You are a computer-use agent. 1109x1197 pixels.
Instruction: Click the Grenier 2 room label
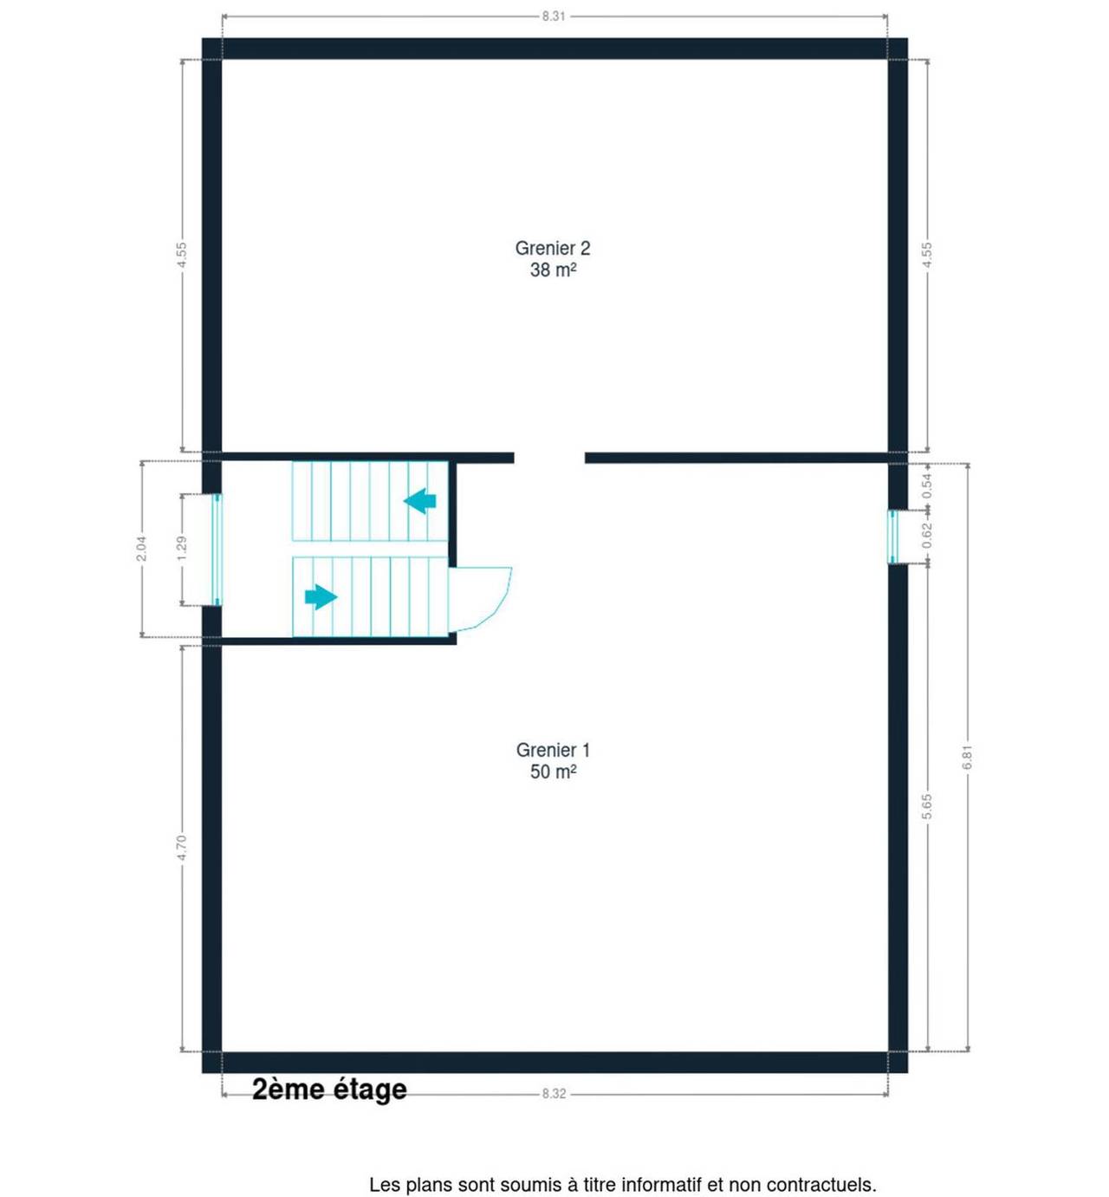(x=552, y=248)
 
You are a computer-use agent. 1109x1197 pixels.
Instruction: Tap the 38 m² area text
(x=553, y=270)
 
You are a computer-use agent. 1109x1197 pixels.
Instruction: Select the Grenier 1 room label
(x=553, y=750)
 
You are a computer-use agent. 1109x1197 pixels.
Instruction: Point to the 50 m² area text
(x=553, y=771)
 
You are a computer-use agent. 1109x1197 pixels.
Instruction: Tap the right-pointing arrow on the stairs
(x=321, y=596)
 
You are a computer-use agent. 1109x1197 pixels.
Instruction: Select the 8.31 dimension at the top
(x=554, y=16)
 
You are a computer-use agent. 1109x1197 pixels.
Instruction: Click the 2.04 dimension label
(x=141, y=549)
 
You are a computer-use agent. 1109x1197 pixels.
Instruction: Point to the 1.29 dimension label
(x=182, y=548)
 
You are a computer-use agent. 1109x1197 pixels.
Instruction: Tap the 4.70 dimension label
(x=182, y=848)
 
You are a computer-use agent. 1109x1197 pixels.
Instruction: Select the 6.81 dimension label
(x=968, y=758)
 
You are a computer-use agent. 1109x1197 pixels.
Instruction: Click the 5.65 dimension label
(x=927, y=806)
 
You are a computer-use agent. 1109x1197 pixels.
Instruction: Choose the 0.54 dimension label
(x=927, y=485)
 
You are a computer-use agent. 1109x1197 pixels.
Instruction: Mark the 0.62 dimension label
(x=927, y=535)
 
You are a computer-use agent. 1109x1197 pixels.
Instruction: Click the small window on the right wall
(x=892, y=537)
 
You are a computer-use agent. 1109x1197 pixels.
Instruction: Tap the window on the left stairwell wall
(x=217, y=549)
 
